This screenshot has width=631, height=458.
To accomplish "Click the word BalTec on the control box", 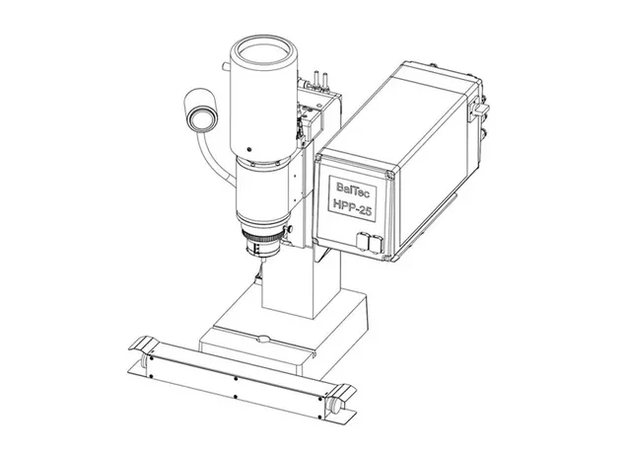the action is point(353,189).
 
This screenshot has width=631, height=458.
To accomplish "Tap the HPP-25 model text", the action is point(352,207).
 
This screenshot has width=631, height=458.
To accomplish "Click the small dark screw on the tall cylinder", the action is point(248,149).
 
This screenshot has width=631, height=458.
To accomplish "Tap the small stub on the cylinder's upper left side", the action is point(226,66).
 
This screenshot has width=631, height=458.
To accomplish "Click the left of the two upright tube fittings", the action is point(316,78).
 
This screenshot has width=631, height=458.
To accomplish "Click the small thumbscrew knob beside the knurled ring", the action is point(289,230).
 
